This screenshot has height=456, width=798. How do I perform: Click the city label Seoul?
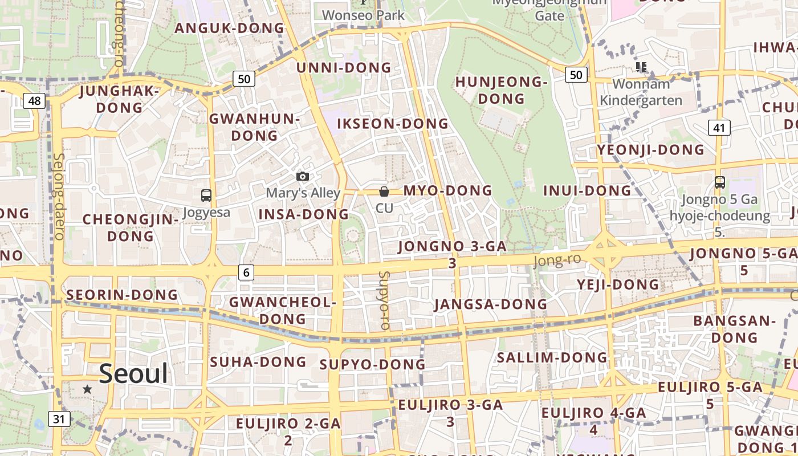[133, 374]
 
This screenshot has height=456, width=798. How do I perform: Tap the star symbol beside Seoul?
[87, 389]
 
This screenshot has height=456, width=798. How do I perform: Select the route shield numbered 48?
[34, 101]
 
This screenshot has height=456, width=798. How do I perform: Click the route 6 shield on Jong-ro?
[246, 272]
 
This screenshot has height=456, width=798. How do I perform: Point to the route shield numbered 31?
[59, 419]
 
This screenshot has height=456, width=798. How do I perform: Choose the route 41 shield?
[719, 128]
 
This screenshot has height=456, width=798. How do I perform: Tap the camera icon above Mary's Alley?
[303, 177]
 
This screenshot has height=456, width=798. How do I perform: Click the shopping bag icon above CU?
[384, 192]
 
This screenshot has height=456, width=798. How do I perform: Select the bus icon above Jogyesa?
[206, 196]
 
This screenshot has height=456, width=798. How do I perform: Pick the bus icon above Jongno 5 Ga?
[720, 182]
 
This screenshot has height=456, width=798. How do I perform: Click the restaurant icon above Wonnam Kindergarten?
[641, 67]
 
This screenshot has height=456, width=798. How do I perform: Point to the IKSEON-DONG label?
[393, 124]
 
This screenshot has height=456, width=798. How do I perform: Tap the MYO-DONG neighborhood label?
[447, 190]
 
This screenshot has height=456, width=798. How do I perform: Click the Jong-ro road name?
[557, 260]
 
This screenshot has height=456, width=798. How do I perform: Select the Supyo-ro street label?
[385, 300]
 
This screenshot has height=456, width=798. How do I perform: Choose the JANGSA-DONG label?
[491, 304]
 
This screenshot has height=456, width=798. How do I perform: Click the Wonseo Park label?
[363, 15]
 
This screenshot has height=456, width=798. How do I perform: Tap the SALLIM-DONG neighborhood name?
[552, 357]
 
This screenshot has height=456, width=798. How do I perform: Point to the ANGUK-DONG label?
[229, 28]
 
